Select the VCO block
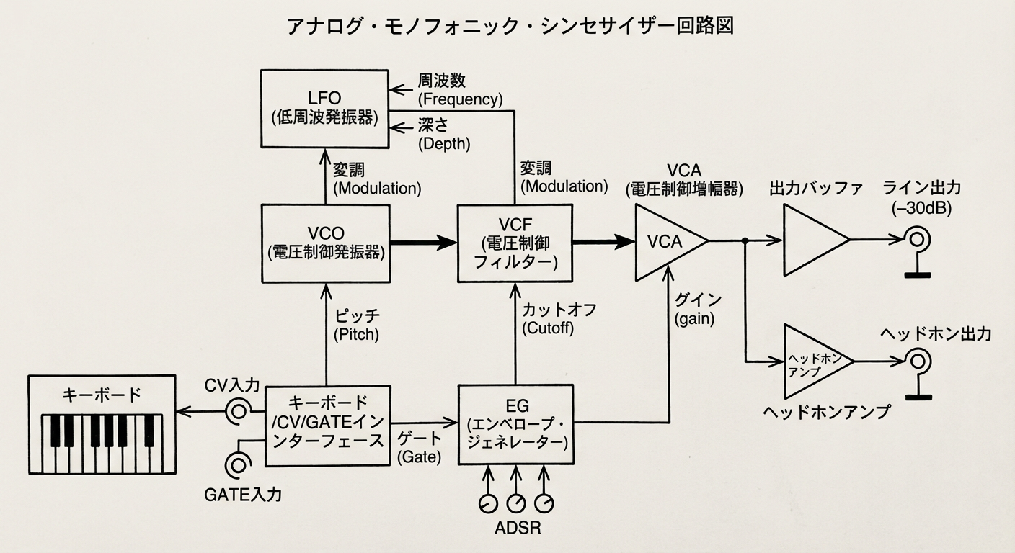click(326, 243)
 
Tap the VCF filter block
click(515, 243)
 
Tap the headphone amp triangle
click(814, 360)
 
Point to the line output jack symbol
click(917, 240)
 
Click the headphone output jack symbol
click(917, 360)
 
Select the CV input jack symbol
click(237, 411)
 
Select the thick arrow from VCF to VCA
click(602, 243)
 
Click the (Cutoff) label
click(550, 328)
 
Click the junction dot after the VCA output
click(745, 241)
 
